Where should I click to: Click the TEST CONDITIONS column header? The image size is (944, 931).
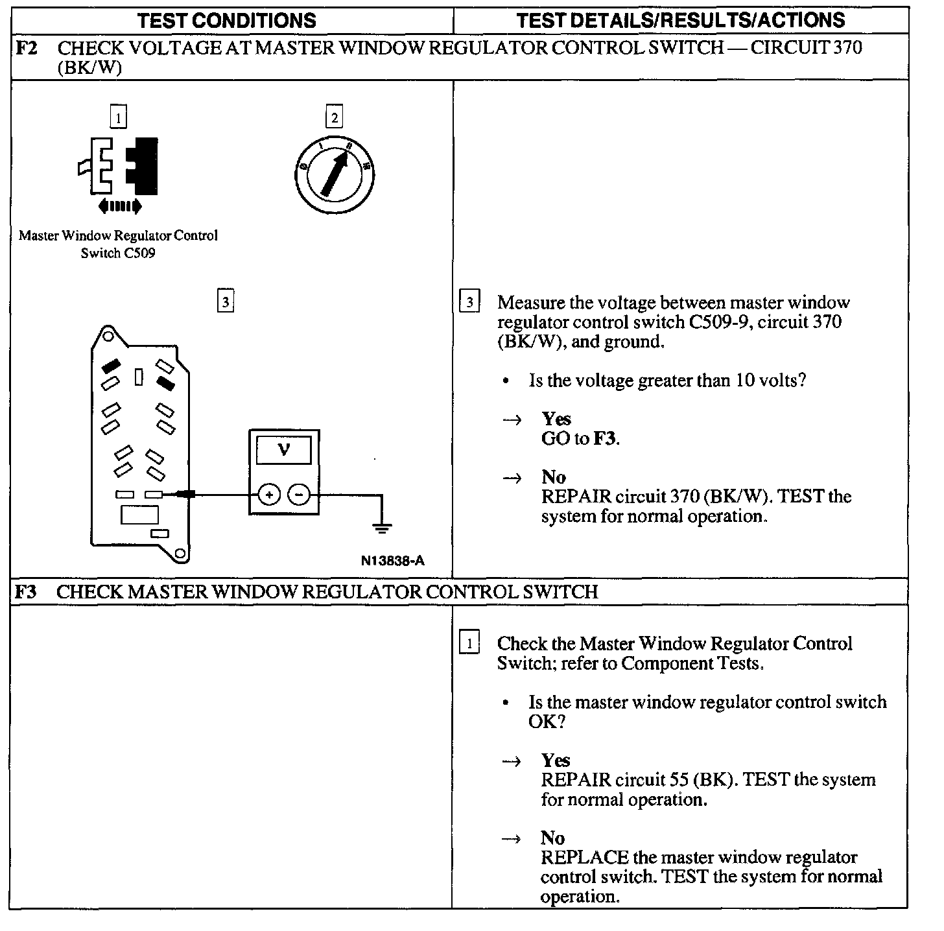227,20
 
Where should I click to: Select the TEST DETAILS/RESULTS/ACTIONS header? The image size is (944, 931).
680,20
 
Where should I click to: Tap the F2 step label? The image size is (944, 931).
26,48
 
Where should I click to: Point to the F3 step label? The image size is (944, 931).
26,591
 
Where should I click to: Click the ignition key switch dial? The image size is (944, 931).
333,174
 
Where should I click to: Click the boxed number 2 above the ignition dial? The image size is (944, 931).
334,118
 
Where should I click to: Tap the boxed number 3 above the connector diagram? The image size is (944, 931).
225,301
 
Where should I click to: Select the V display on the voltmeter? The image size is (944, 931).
284,449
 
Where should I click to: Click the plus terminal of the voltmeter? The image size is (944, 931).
269,495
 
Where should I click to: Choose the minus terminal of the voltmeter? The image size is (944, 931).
299,495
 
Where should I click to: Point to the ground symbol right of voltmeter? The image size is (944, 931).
382,526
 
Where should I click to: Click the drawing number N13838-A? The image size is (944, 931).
392,561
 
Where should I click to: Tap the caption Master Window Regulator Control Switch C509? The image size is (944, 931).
118,244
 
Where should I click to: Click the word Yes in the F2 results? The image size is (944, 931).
556,419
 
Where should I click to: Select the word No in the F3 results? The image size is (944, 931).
553,838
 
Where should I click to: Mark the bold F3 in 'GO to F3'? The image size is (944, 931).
606,439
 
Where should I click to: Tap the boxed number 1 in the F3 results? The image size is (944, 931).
469,643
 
